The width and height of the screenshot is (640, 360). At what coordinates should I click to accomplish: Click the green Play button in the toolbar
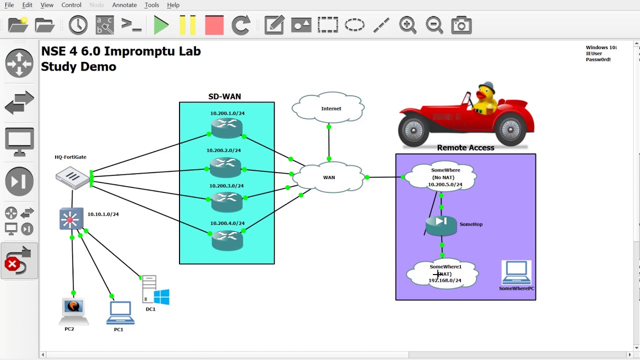point(161,25)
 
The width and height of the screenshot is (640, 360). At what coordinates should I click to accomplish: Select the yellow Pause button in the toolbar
point(187,25)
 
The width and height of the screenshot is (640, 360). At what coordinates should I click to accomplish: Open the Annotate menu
point(124,5)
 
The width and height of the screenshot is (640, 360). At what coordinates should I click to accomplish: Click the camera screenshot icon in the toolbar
point(461,25)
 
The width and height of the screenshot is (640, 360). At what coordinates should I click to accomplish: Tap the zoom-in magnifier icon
point(407,25)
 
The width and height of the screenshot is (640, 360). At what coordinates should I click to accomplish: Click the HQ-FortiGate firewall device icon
point(73,177)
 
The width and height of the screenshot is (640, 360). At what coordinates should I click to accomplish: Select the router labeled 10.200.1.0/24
point(226,128)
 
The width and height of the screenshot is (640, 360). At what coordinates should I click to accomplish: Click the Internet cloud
point(328,107)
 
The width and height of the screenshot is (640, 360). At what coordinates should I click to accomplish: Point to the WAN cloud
point(328,177)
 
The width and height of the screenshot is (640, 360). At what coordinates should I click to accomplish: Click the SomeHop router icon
point(441,225)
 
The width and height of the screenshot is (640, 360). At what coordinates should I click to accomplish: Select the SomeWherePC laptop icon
point(516,273)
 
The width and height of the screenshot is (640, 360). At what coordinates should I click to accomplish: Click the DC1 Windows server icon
point(155,290)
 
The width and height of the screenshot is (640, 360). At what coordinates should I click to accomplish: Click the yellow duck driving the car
point(484,97)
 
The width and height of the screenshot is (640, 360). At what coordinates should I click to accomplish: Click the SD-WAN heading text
point(224,96)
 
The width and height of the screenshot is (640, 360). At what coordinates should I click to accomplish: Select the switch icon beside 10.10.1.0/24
point(70,219)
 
